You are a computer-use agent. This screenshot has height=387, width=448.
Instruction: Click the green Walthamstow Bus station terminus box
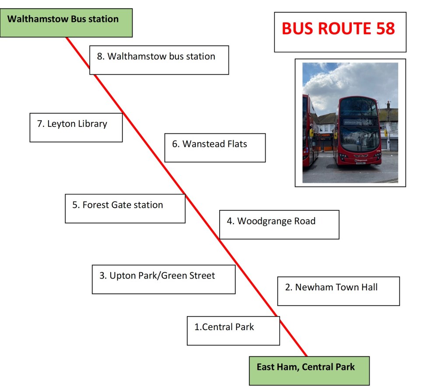tap(66, 23)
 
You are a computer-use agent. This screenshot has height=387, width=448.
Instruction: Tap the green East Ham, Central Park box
tap(309, 371)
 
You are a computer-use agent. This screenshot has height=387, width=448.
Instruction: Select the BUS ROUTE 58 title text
tap(338, 28)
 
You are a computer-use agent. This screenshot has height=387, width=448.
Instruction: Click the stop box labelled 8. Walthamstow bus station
tap(159, 60)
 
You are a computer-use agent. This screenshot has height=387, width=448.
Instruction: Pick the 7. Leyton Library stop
tap(76, 127)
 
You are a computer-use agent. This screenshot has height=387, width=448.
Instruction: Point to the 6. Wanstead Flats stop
tap(215, 148)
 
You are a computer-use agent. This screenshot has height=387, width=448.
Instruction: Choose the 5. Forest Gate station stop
tap(125, 209)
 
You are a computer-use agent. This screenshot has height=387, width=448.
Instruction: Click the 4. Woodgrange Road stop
tap(279, 224)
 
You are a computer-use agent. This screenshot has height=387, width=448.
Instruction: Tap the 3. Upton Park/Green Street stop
tap(164, 279)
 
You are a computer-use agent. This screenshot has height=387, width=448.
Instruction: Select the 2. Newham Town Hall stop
tap(339, 291)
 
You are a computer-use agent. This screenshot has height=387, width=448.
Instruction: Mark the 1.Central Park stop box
tap(234, 331)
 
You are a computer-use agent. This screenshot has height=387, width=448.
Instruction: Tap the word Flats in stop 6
tap(237, 144)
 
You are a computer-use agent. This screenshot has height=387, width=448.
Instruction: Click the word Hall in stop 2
tap(369, 287)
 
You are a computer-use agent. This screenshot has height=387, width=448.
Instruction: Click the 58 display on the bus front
tap(368, 122)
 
